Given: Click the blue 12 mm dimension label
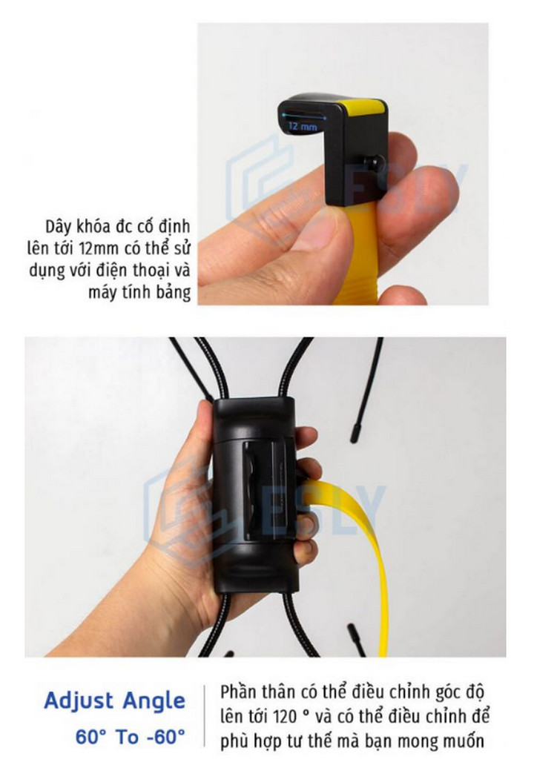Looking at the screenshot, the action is point(303,126).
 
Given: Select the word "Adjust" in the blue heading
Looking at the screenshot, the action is point(79,701).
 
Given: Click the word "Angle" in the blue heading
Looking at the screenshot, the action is point(154,701).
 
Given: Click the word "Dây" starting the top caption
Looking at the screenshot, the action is point(59,228).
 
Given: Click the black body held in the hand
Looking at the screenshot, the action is point(254,495).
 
